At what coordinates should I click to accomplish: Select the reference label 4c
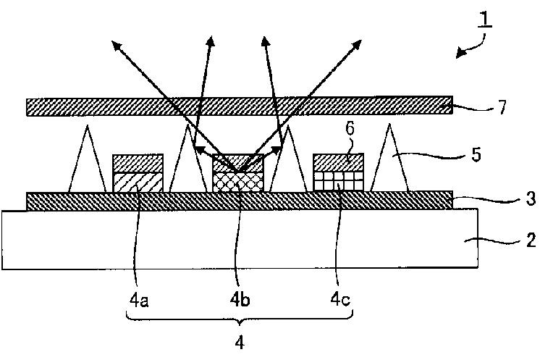click(x=340, y=298)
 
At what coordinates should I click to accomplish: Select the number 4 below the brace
click(x=240, y=341)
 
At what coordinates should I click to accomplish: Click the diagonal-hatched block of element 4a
click(x=138, y=182)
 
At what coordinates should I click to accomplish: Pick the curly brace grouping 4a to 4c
click(x=240, y=319)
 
